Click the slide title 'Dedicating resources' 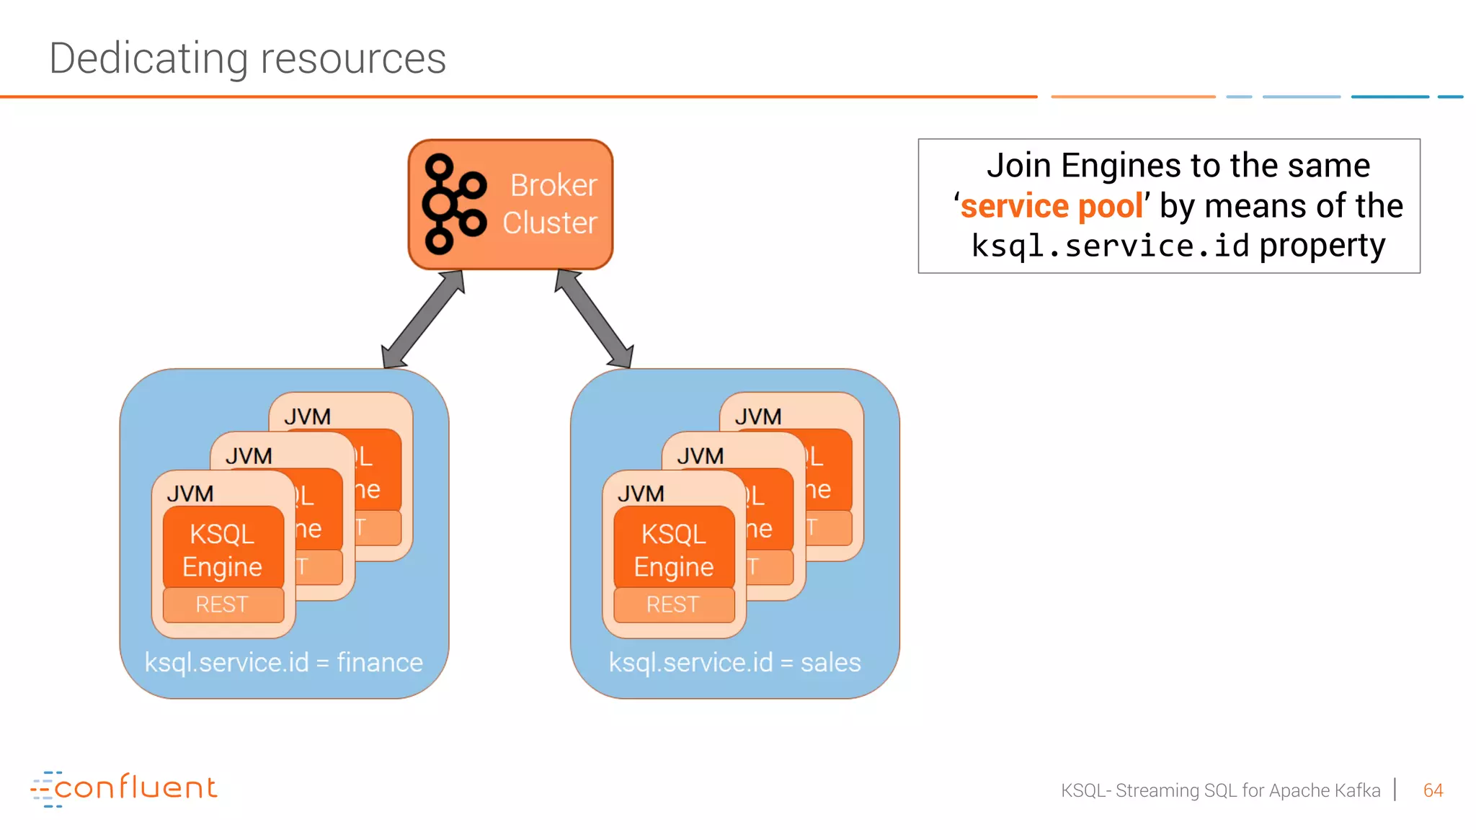point(247,58)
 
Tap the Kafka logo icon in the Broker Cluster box point(454,205)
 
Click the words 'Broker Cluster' point(551,204)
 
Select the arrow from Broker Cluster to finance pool point(422,319)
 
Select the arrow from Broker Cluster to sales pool point(594,319)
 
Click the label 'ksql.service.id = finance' point(283,662)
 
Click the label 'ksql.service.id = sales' point(734,662)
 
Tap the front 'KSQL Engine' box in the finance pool point(223,549)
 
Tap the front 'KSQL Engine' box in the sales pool point(674,549)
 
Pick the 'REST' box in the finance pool point(223,604)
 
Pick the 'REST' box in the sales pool point(673,604)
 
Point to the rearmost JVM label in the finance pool point(308,416)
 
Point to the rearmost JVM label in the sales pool point(758,416)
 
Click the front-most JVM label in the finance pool point(190,494)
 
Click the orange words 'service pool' point(1052,206)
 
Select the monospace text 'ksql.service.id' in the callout point(1110,246)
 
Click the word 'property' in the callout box point(1322,246)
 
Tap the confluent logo point(124,788)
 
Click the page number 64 point(1433,790)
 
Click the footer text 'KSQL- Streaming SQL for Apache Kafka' point(1220,790)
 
